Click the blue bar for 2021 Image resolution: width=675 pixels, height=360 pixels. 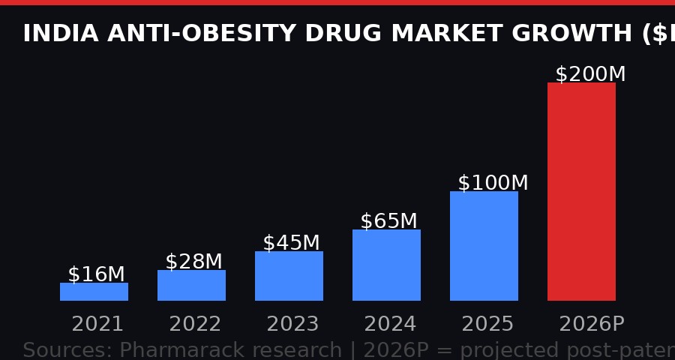point(94,292)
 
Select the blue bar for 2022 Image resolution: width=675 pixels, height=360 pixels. point(191,285)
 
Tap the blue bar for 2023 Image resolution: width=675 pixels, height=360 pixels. point(289,276)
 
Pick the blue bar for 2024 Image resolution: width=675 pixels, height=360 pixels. point(386,265)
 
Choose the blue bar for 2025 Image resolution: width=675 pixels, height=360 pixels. point(484,246)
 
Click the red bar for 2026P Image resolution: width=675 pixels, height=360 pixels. point(581,191)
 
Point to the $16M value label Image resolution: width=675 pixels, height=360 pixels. point(96,274)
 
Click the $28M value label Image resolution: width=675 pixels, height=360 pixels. point(193,262)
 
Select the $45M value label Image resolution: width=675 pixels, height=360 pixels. point(291,243)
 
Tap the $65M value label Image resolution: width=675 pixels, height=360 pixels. point(388,221)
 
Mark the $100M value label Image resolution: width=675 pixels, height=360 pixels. point(493,183)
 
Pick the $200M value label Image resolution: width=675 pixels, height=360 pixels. point(590,74)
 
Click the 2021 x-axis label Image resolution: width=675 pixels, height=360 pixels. point(97,324)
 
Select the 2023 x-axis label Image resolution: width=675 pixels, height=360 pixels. point(292,324)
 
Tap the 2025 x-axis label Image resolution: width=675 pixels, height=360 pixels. point(487,324)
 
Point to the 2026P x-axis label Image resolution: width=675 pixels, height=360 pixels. point(591,324)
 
